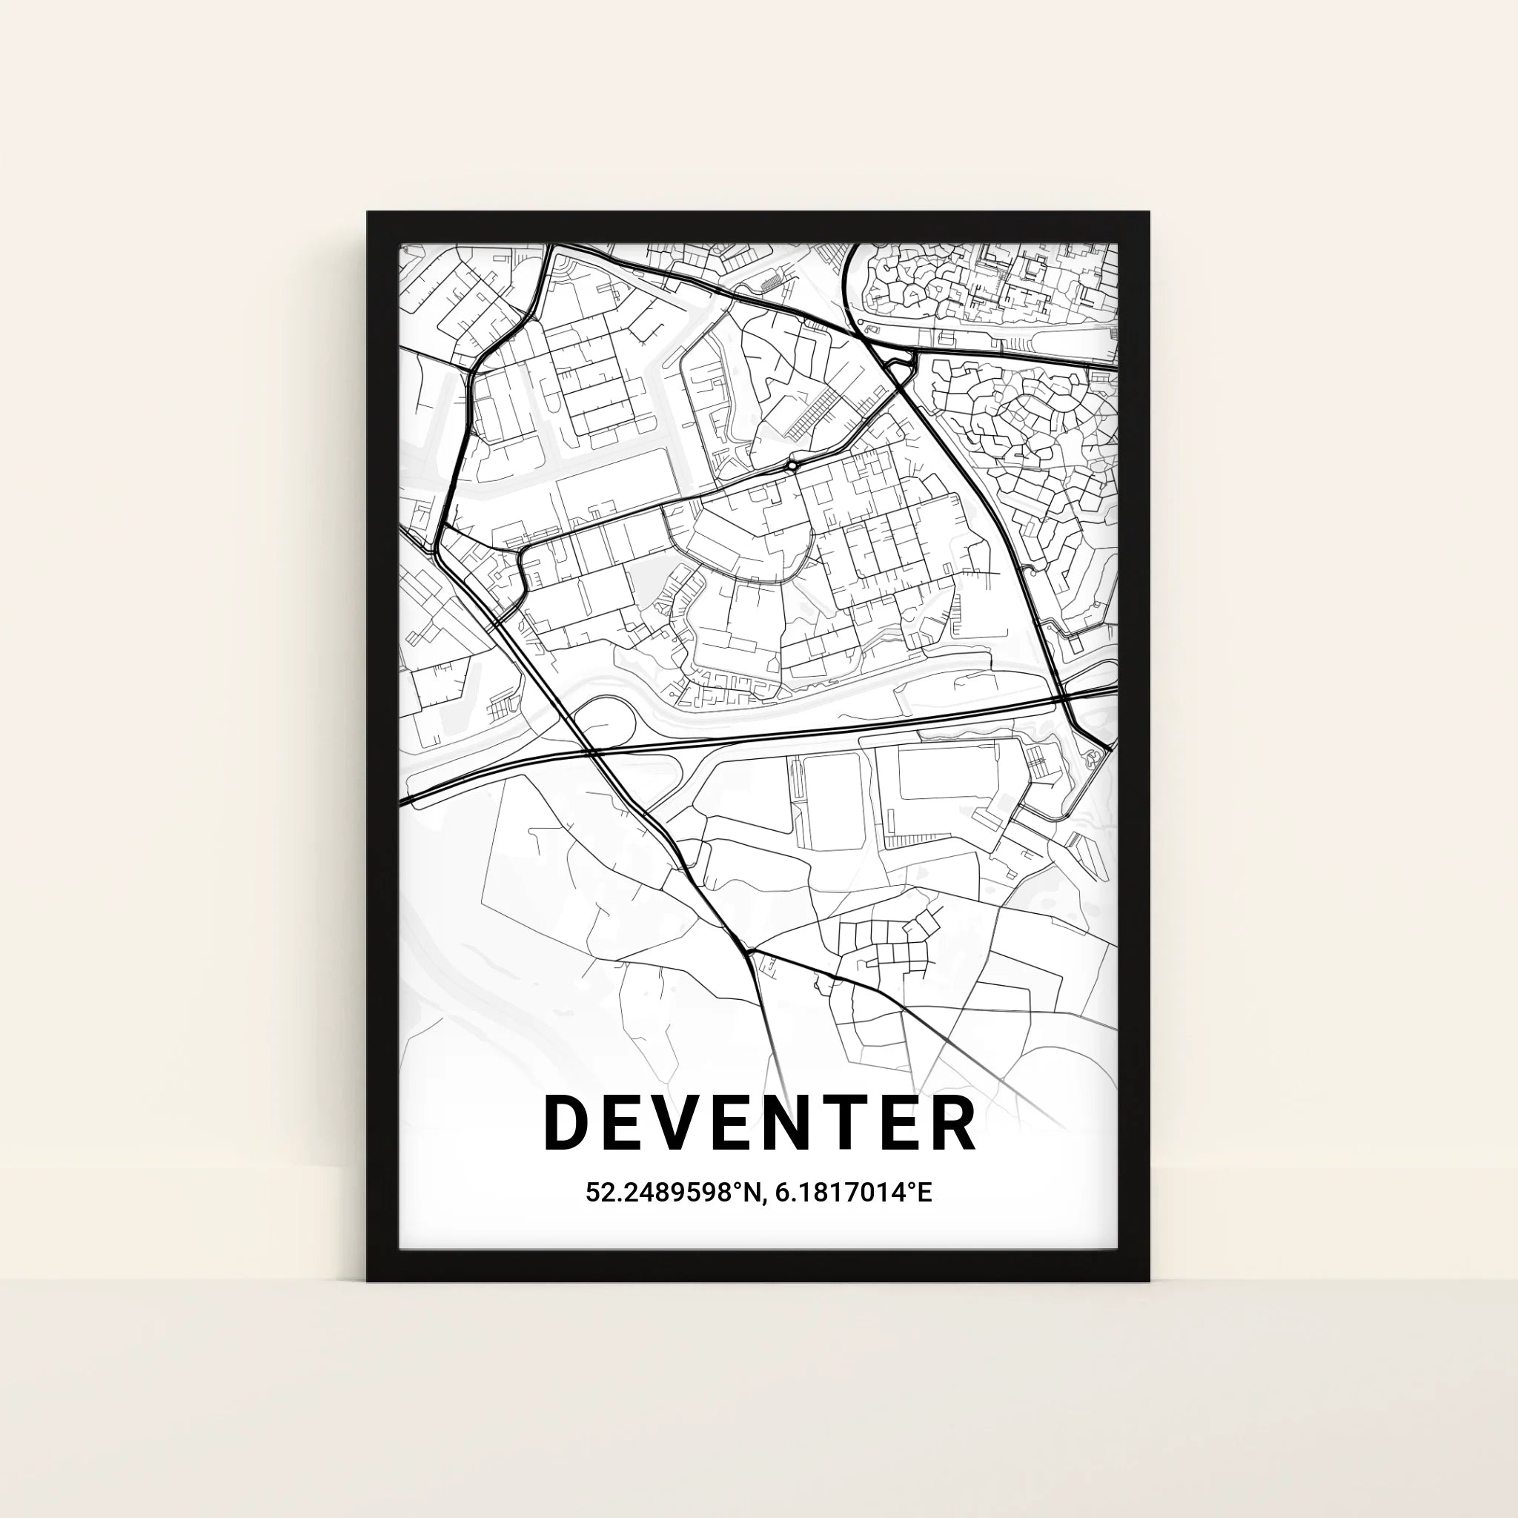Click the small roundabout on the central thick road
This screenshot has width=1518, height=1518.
click(x=792, y=467)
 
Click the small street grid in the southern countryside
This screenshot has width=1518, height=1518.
click(x=888, y=943)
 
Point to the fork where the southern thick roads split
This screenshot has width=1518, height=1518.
click(x=749, y=953)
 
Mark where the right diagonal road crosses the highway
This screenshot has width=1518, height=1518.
click(x=1062, y=697)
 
